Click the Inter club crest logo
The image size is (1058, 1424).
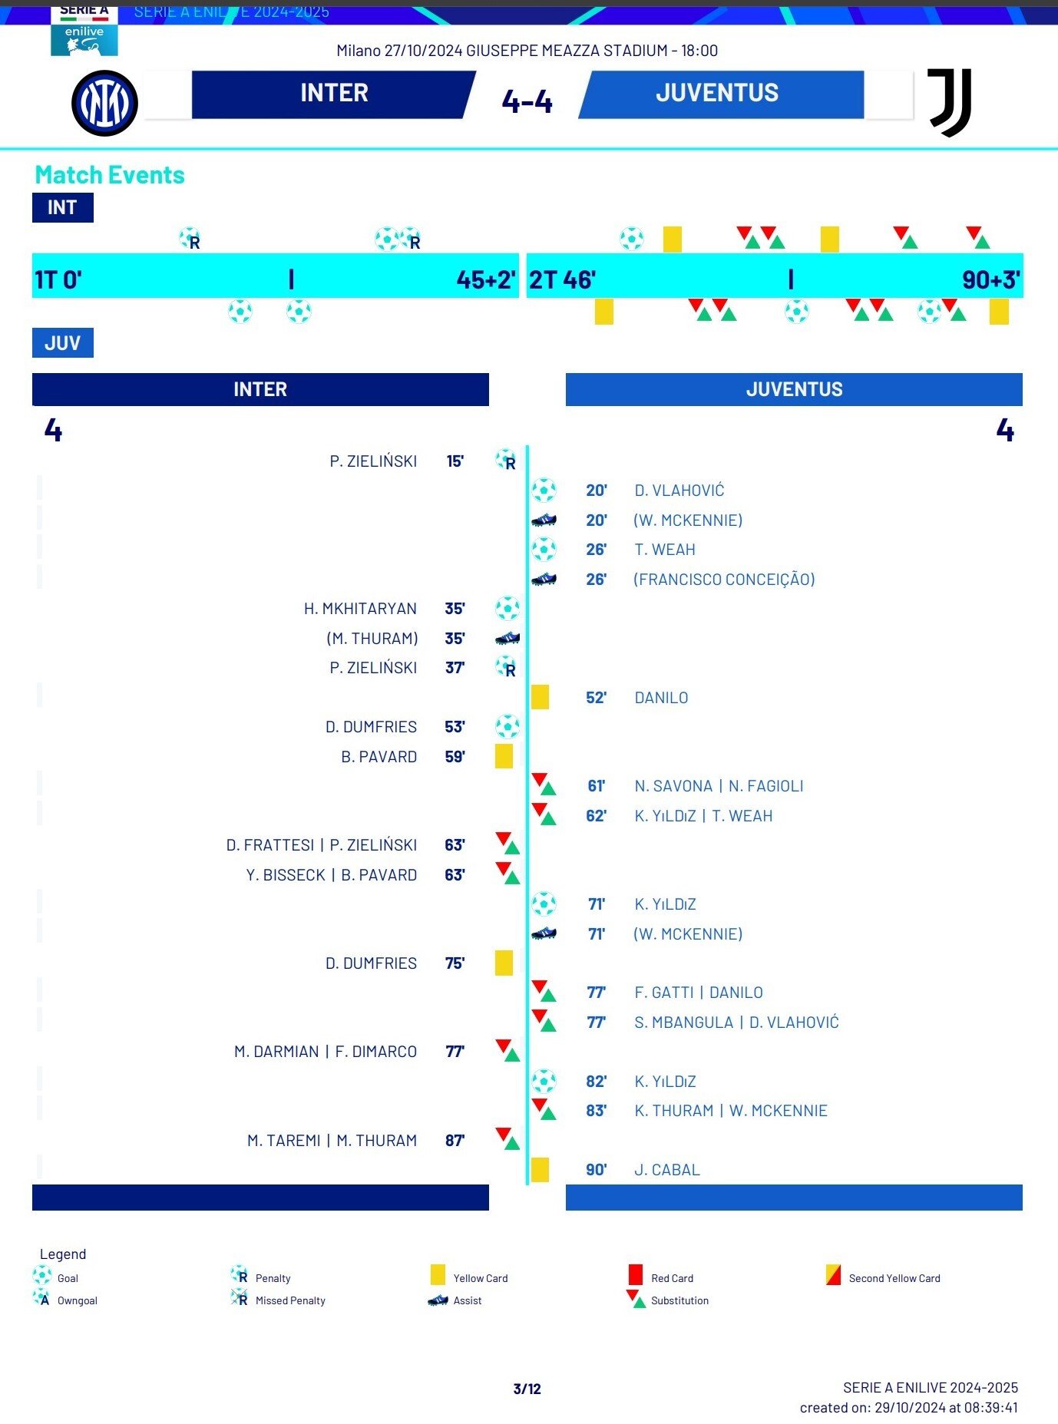click(x=104, y=104)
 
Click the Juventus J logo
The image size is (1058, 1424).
click(x=951, y=102)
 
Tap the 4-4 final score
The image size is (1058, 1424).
click(x=527, y=101)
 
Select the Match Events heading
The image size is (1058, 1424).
click(x=110, y=175)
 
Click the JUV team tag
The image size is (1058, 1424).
click(x=62, y=342)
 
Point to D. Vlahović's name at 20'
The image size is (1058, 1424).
click(x=679, y=491)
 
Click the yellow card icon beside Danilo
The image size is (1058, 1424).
click(x=540, y=697)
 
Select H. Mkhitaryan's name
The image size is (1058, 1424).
click(x=360, y=609)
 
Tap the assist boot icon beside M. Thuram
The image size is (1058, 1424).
click(x=508, y=638)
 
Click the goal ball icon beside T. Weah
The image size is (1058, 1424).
click(x=544, y=549)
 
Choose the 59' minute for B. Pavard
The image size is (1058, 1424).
click(x=455, y=757)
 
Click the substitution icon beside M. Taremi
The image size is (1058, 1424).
click(x=508, y=1139)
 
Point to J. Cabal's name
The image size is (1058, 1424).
click(x=666, y=1170)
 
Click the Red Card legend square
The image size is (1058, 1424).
click(x=635, y=1275)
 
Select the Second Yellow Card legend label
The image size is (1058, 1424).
click(x=894, y=1278)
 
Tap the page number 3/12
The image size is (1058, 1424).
click(x=527, y=1389)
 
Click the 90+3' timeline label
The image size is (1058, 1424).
click(x=990, y=279)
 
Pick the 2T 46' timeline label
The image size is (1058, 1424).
click(x=562, y=279)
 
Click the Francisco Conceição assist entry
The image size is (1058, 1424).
click(x=723, y=580)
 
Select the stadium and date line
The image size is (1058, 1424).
click(x=527, y=51)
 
